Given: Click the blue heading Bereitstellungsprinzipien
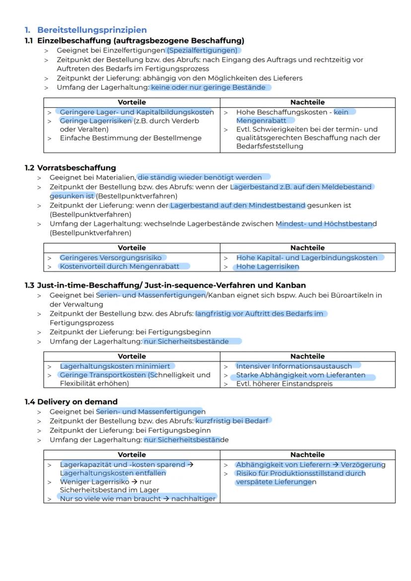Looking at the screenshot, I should pos(92,30).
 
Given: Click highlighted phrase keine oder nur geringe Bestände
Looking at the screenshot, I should pos(210,87).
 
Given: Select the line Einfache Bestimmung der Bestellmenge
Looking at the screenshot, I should pos(131,138).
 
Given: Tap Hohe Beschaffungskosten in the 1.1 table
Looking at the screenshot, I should pos(275,112).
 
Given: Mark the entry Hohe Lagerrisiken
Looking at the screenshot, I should pos(268,266).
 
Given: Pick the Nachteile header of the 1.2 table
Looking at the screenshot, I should pos(307,248).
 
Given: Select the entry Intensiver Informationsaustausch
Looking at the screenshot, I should pos(294,366).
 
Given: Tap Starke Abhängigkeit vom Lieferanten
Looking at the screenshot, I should pos(300,375).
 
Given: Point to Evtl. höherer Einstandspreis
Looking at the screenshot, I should pos(284,384).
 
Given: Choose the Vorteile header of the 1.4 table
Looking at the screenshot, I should pos(132,454).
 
